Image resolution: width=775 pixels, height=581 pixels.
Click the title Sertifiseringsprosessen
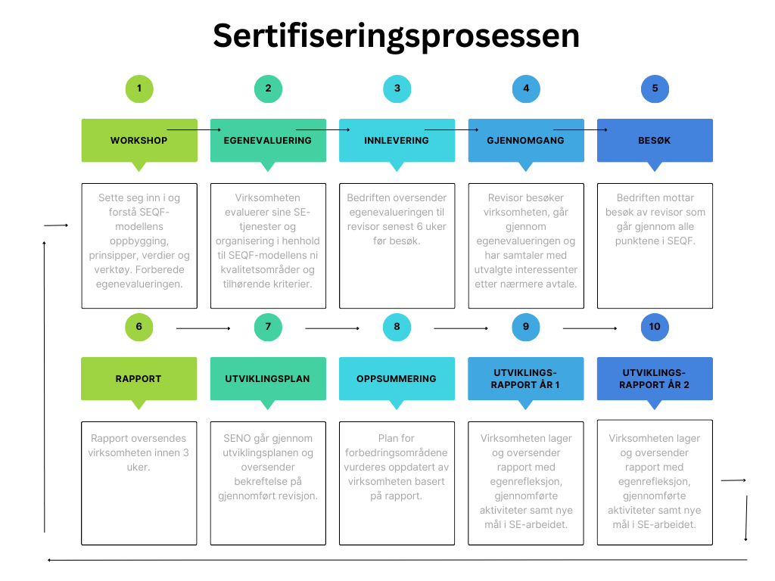[x=396, y=36]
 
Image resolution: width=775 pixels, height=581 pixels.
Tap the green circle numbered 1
[x=139, y=89]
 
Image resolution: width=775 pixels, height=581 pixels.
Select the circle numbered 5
[x=655, y=89]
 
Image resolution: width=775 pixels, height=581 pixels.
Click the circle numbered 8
[x=397, y=327]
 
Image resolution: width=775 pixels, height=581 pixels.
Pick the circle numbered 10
[x=655, y=327]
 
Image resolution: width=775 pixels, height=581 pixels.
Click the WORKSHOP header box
[x=139, y=140]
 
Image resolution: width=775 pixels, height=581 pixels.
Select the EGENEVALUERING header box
[x=268, y=140]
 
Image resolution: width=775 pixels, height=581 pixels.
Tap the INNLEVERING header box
[x=397, y=140]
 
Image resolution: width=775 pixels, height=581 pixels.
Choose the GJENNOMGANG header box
[x=526, y=140]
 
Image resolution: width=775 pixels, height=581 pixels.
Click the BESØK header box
[x=655, y=140]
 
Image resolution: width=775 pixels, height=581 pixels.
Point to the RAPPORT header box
[x=139, y=379]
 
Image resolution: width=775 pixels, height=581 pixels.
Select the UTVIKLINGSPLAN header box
[x=268, y=379]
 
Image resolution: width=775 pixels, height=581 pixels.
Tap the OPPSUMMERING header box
[x=397, y=379]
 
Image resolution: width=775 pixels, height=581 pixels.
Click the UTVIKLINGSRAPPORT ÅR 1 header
[x=526, y=379]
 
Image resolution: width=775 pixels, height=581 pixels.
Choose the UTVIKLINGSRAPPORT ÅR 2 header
[x=655, y=379]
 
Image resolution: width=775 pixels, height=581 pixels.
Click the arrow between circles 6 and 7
[x=204, y=328]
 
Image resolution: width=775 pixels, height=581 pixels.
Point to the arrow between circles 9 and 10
[x=590, y=328]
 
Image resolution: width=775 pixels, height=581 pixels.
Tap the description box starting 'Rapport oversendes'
[x=139, y=483]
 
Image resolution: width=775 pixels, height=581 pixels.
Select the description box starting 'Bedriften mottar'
[x=655, y=246]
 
